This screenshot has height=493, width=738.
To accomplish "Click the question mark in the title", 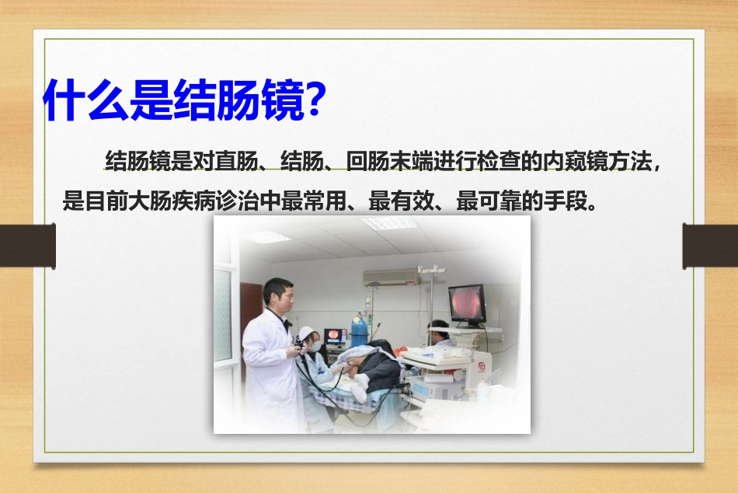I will pos(311,99).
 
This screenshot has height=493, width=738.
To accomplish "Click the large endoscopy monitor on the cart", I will pos(467,304).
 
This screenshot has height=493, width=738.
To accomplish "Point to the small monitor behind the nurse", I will pos(336,336).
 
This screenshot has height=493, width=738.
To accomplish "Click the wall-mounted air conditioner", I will pos(392,277).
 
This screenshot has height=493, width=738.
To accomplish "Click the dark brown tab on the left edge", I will pos(27,246).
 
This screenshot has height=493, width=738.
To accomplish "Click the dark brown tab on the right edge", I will pos(709,246).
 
